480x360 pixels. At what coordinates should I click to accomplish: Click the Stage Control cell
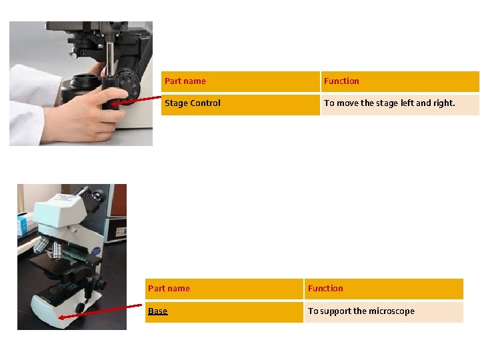(x=241, y=105)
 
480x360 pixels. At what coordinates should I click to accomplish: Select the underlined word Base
(x=157, y=311)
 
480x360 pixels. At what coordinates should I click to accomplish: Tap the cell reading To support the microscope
(x=384, y=312)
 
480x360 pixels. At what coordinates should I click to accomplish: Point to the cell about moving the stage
(x=400, y=105)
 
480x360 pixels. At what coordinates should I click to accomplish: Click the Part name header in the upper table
(x=241, y=81)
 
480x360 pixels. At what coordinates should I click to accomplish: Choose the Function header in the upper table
(x=400, y=81)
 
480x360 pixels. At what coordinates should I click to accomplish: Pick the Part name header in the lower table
(x=224, y=289)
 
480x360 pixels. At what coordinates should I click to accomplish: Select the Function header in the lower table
(x=384, y=289)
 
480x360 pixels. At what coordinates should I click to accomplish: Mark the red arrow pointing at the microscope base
(x=100, y=311)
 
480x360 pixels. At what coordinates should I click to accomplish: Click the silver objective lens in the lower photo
(x=56, y=250)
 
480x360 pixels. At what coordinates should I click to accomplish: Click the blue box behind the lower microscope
(x=23, y=225)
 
